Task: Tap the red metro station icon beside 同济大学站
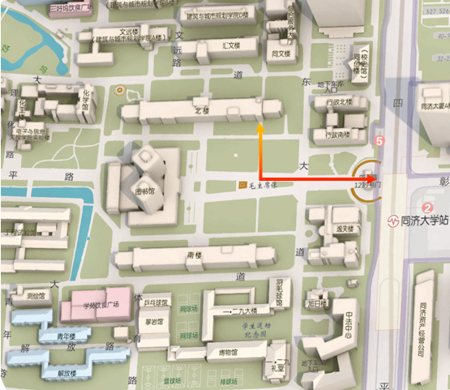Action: [392, 221]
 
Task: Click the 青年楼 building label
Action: [57, 336]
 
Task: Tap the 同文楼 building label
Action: [281, 54]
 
